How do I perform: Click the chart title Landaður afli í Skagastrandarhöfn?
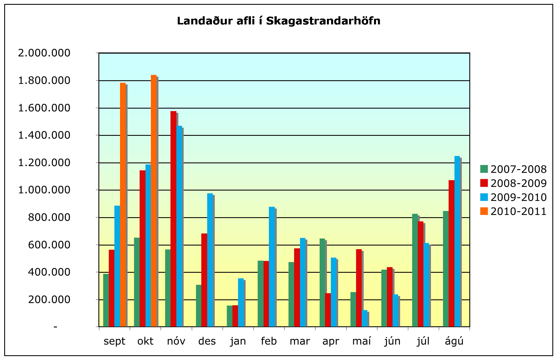click(278, 21)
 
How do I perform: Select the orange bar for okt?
click(154, 201)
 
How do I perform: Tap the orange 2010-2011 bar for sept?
click(123, 205)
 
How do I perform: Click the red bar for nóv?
click(174, 219)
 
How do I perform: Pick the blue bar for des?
click(210, 260)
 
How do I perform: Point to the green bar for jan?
click(230, 316)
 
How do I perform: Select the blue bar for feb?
click(272, 267)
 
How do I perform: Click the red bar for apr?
click(328, 310)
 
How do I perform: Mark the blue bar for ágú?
click(457, 241)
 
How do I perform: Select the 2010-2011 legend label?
click(518, 211)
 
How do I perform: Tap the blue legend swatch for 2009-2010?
click(484, 197)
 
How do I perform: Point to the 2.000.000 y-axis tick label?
click(44, 53)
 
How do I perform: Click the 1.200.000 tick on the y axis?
click(44, 162)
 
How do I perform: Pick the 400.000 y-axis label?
click(49, 272)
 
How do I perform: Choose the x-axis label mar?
click(300, 341)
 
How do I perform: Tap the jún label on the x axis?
click(392, 341)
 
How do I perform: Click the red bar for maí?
click(359, 288)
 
